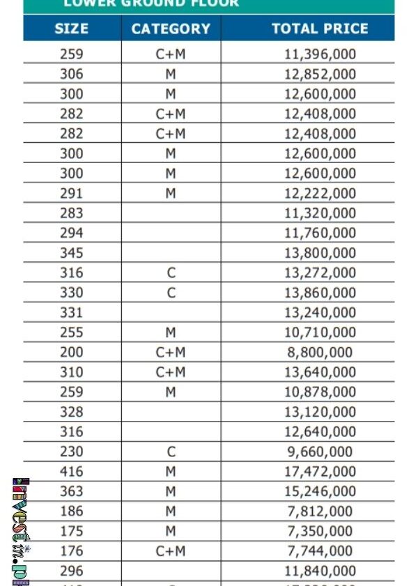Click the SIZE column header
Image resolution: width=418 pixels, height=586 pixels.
pos(71,29)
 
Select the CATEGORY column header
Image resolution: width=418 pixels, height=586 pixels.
pos(171,29)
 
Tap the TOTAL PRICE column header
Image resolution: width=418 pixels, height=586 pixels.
pos(320,29)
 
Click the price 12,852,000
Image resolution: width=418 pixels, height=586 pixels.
pos(320,74)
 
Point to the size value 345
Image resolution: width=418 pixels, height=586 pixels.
pos(71,253)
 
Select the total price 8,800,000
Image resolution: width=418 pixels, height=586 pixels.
pos(320,353)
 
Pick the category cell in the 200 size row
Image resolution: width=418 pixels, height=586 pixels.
pos(171,353)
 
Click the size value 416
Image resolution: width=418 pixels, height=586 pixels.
pos(71,472)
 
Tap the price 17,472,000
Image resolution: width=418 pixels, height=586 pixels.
pos(320,472)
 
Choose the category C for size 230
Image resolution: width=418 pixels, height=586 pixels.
pos(171,452)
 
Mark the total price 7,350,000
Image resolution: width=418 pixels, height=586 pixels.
pos(320,531)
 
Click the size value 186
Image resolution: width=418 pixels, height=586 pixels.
pos(71,511)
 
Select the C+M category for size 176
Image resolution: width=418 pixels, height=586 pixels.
pos(171,551)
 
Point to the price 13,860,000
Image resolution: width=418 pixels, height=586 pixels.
pos(320,293)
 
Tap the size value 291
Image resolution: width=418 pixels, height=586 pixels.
pos(71,193)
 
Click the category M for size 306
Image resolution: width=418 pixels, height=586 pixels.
pos(171,74)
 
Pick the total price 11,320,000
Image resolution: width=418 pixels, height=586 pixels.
pos(320,213)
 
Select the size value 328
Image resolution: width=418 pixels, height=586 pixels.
pos(71,412)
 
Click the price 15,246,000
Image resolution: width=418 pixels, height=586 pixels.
pos(320,491)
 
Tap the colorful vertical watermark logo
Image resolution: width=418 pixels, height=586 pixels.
pos(21,531)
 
